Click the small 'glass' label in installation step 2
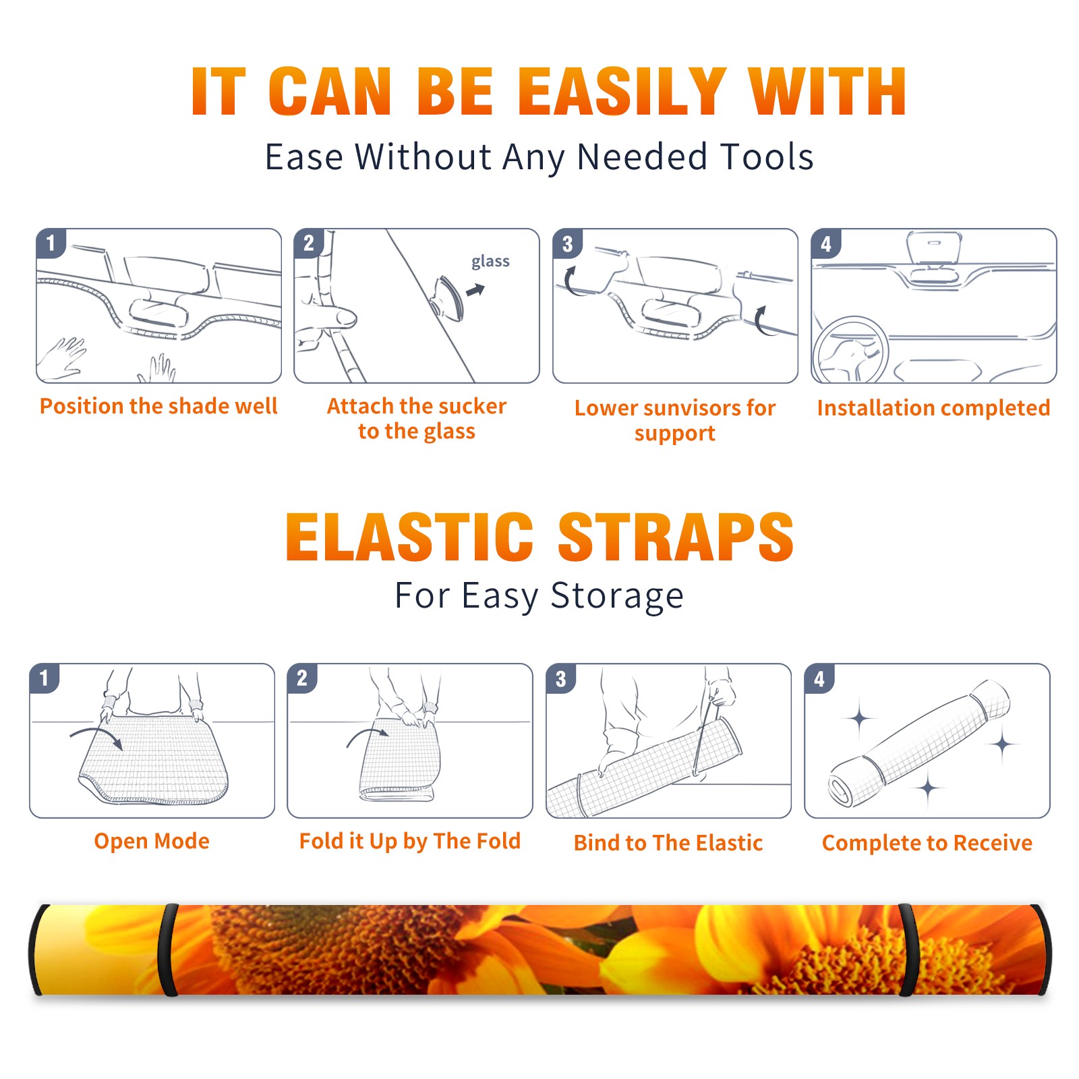tap(490, 262)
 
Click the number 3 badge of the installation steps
tap(568, 243)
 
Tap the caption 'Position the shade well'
tap(158, 406)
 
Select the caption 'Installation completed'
tap(933, 408)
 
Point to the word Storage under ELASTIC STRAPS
tap(617, 596)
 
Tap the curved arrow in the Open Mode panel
tap(96, 736)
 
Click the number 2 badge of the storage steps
tap(302, 678)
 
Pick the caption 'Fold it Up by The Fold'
tap(410, 841)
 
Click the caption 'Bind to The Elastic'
tap(668, 843)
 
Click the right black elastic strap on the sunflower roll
tap(907, 950)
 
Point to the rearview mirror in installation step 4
tap(934, 247)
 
